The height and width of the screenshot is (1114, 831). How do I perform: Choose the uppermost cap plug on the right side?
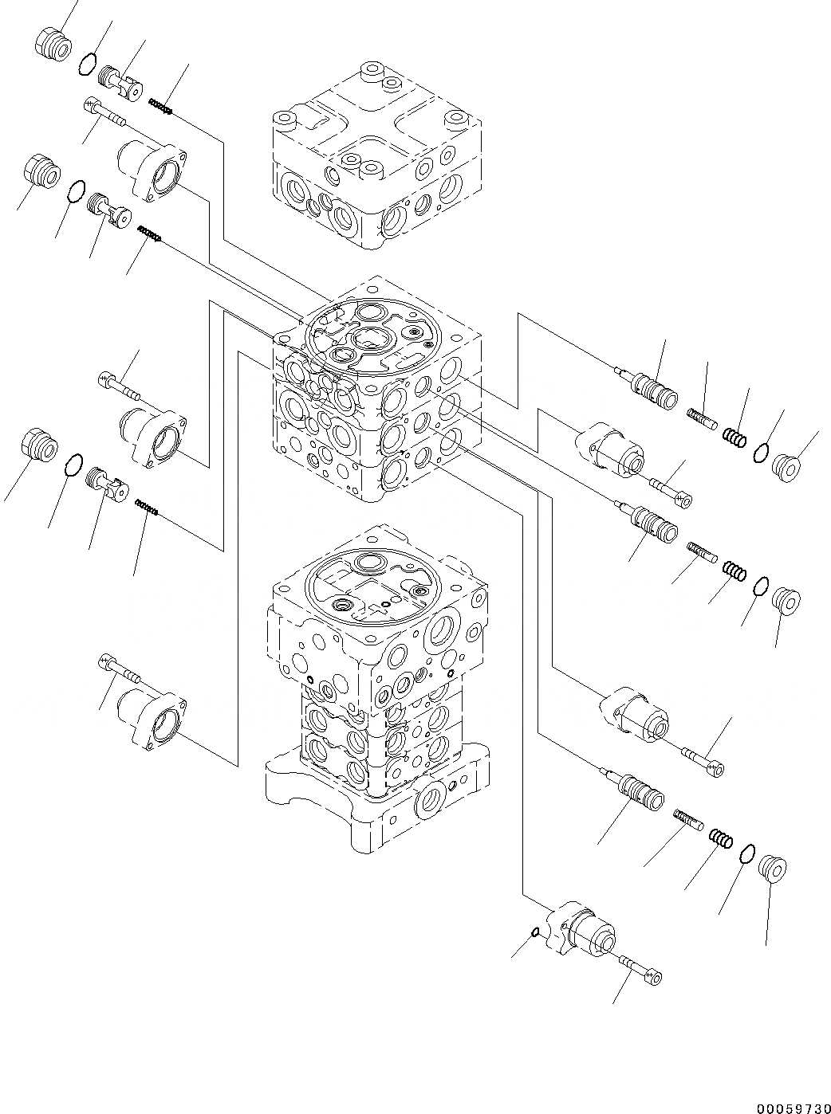pos(787,468)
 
